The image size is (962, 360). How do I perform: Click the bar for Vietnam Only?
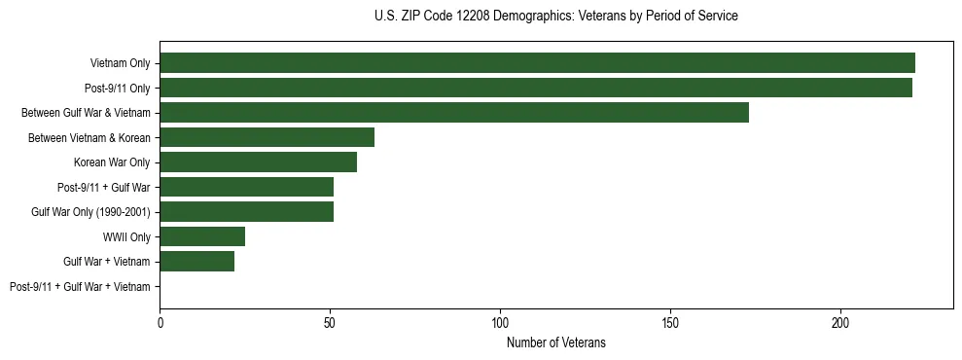click(537, 63)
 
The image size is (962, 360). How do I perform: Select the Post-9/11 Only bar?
click(536, 88)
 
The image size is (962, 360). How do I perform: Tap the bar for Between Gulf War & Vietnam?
click(454, 113)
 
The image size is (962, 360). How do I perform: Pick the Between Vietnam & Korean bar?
click(267, 137)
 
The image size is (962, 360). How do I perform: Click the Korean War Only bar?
click(258, 162)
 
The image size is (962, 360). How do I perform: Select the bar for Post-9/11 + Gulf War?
click(246, 187)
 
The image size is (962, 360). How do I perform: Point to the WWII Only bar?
click(202, 236)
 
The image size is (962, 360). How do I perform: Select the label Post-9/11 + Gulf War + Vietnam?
click(80, 287)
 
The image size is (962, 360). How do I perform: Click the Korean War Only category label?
click(112, 162)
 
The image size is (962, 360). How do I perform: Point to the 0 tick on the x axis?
click(160, 322)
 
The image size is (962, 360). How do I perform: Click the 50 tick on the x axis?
click(330, 322)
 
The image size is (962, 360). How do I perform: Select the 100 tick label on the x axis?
click(500, 322)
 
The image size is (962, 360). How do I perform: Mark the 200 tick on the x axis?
click(840, 322)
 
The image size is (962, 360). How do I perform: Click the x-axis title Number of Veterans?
click(555, 342)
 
